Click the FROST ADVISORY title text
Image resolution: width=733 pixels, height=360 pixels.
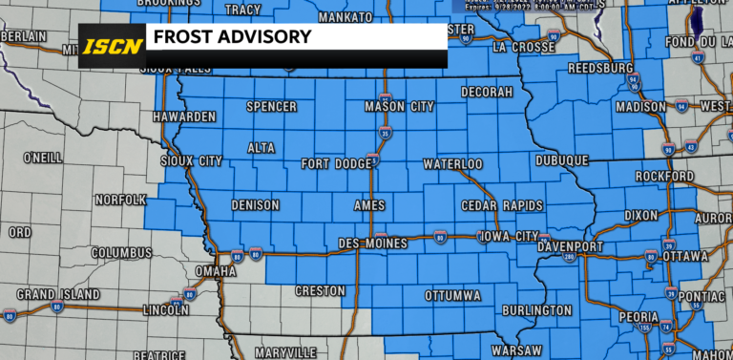pos(229,37)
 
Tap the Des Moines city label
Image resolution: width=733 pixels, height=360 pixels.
pos(373,244)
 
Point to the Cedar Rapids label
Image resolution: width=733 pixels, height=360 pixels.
pos(501,206)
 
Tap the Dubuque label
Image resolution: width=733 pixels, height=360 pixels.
pos(562,160)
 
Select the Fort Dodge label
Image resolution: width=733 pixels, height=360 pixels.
pos(337,164)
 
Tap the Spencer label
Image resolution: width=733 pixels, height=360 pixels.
pos(271,107)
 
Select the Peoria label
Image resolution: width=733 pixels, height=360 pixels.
pos(638,316)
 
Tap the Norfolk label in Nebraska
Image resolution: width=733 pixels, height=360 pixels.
pos(120,200)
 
